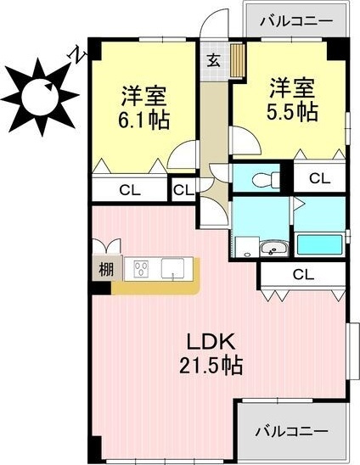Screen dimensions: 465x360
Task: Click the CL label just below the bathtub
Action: (x=302, y=274)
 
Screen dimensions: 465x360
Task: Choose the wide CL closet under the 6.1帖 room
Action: (x=129, y=190)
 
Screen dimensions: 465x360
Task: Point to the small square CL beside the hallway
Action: (x=183, y=190)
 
